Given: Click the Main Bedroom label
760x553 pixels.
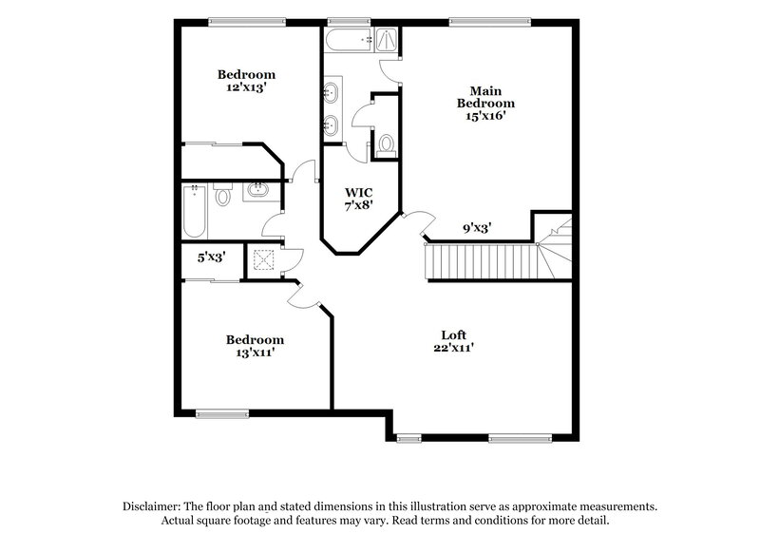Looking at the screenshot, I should click(x=485, y=103).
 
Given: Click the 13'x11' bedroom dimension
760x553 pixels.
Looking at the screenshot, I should click(x=254, y=353).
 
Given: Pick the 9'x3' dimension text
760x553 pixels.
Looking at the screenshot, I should click(x=476, y=228).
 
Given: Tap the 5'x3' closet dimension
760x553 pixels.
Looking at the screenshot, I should click(x=211, y=257).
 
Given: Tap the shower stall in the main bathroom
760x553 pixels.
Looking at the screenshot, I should click(x=387, y=39).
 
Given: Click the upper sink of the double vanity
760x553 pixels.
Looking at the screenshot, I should click(x=331, y=93).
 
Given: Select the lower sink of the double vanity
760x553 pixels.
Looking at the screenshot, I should click(x=331, y=124).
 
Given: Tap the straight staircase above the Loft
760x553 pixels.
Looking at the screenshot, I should click(x=480, y=259).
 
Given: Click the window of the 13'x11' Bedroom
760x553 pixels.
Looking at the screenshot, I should click(x=221, y=412).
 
